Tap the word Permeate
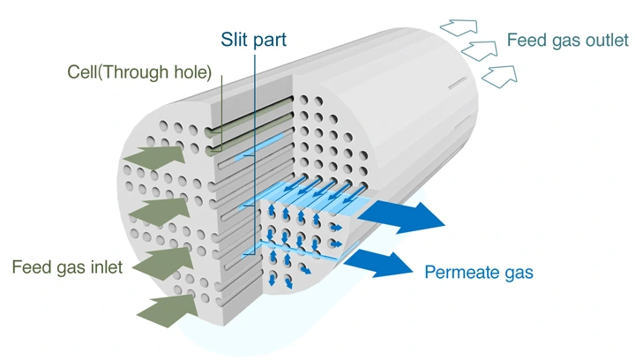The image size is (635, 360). coord(463,272)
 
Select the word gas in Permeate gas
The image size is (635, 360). coord(519,274)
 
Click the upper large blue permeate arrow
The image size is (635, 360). coord(407,214)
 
